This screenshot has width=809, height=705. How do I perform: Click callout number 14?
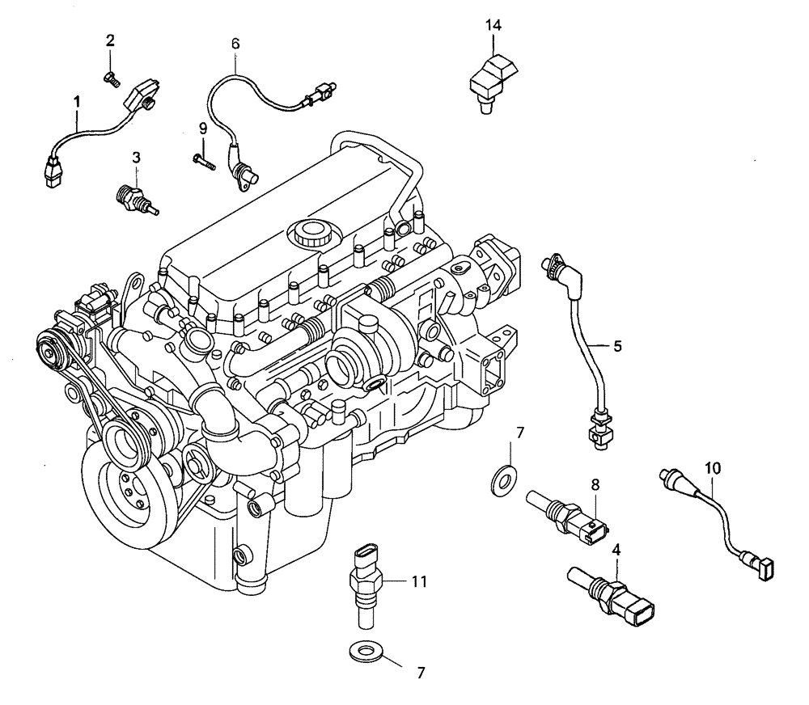click(493, 25)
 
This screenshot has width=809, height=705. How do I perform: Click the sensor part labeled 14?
click(490, 79)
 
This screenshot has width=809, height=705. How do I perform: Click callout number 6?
click(235, 44)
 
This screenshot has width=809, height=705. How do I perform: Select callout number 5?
click(616, 346)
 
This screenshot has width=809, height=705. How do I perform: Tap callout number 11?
click(419, 580)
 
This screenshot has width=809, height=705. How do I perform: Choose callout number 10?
click(712, 468)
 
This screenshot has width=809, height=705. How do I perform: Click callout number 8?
click(595, 485)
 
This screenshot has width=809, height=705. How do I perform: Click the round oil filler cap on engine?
click(310, 234)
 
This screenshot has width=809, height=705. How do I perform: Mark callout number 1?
click(77, 102)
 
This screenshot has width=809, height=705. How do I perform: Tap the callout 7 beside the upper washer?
click(520, 433)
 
